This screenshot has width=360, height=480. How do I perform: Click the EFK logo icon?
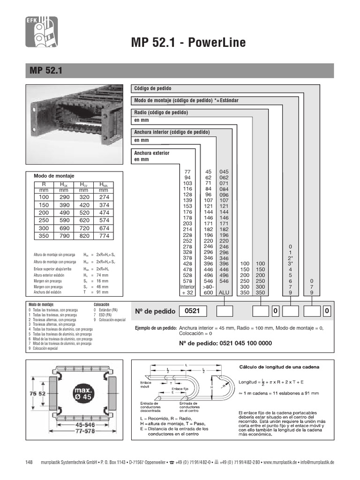point(41,32)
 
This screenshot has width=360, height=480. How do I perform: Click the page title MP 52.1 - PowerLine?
point(188,44)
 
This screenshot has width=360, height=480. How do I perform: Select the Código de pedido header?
point(153,89)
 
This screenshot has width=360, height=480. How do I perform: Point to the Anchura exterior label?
point(151,153)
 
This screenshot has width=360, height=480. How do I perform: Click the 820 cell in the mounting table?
point(84,236)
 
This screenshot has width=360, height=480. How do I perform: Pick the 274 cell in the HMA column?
point(104,198)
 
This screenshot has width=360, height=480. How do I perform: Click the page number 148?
point(29,463)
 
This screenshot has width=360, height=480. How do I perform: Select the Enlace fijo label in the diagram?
point(180,389)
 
